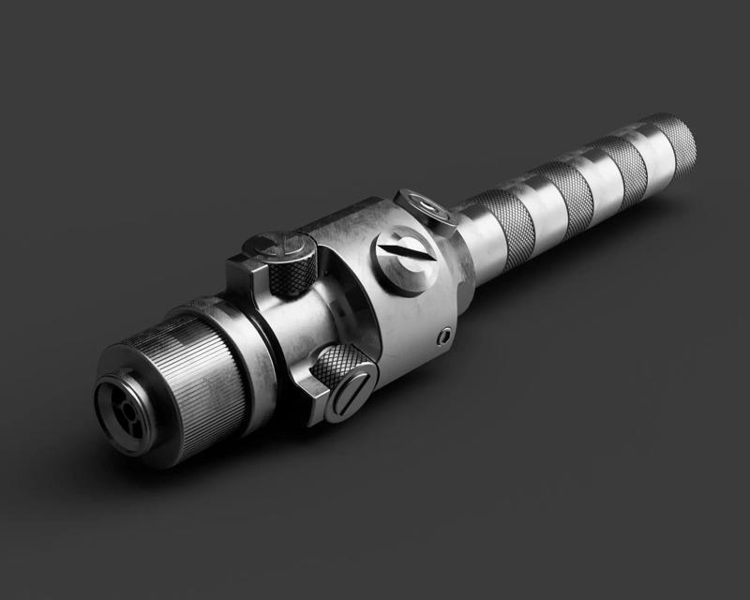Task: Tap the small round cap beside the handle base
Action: (x=426, y=207)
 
